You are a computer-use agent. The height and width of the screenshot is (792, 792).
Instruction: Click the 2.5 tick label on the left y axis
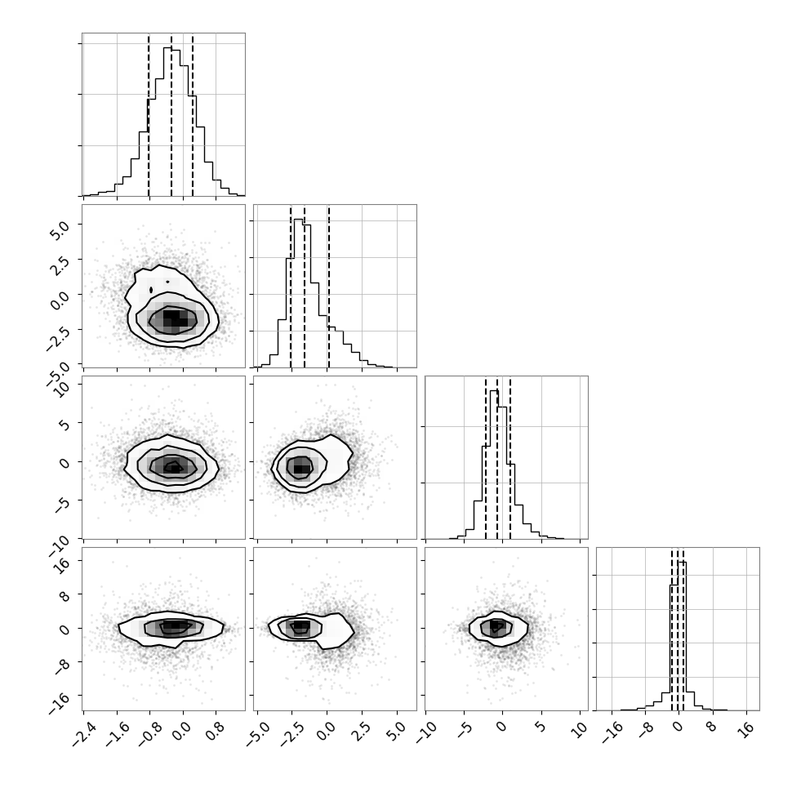58,265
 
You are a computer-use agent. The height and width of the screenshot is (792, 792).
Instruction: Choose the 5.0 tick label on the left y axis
58,229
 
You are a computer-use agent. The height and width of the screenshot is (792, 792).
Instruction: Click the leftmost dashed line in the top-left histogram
149,114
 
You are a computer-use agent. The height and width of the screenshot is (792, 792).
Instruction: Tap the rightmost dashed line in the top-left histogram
193,114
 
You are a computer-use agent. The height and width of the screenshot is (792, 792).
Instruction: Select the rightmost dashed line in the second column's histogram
328,286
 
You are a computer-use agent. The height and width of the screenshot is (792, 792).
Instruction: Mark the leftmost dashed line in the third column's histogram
485,457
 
